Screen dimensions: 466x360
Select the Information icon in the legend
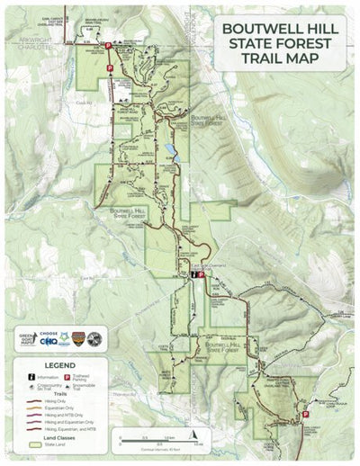click(x=31, y=378)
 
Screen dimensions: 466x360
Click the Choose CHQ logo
click(x=49, y=339)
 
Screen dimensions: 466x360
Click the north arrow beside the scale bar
click(x=116, y=440)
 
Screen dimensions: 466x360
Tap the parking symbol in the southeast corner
click(x=305, y=414)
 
